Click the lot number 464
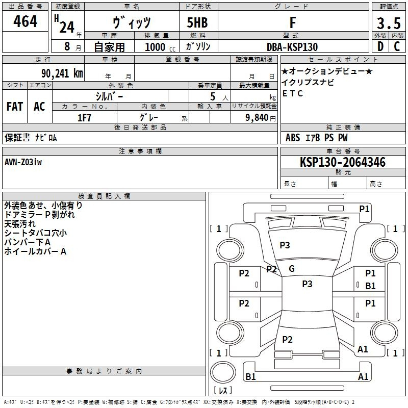tap(25, 21)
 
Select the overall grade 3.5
tap(389, 23)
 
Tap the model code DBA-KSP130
tap(292, 47)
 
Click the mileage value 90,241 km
tap(62, 73)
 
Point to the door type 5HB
tap(197, 22)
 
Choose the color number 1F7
tap(84, 118)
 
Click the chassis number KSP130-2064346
tap(343, 162)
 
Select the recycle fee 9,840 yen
tap(261, 118)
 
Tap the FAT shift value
tap(15, 107)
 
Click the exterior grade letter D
tap(380, 46)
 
